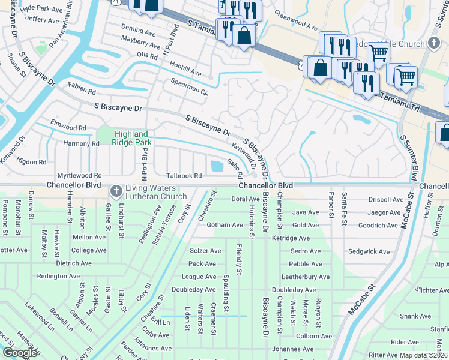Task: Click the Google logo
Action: tap(20, 353)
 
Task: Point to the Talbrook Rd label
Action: tap(184, 176)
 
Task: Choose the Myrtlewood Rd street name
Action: tap(77, 176)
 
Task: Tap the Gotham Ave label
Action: tap(223, 225)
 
